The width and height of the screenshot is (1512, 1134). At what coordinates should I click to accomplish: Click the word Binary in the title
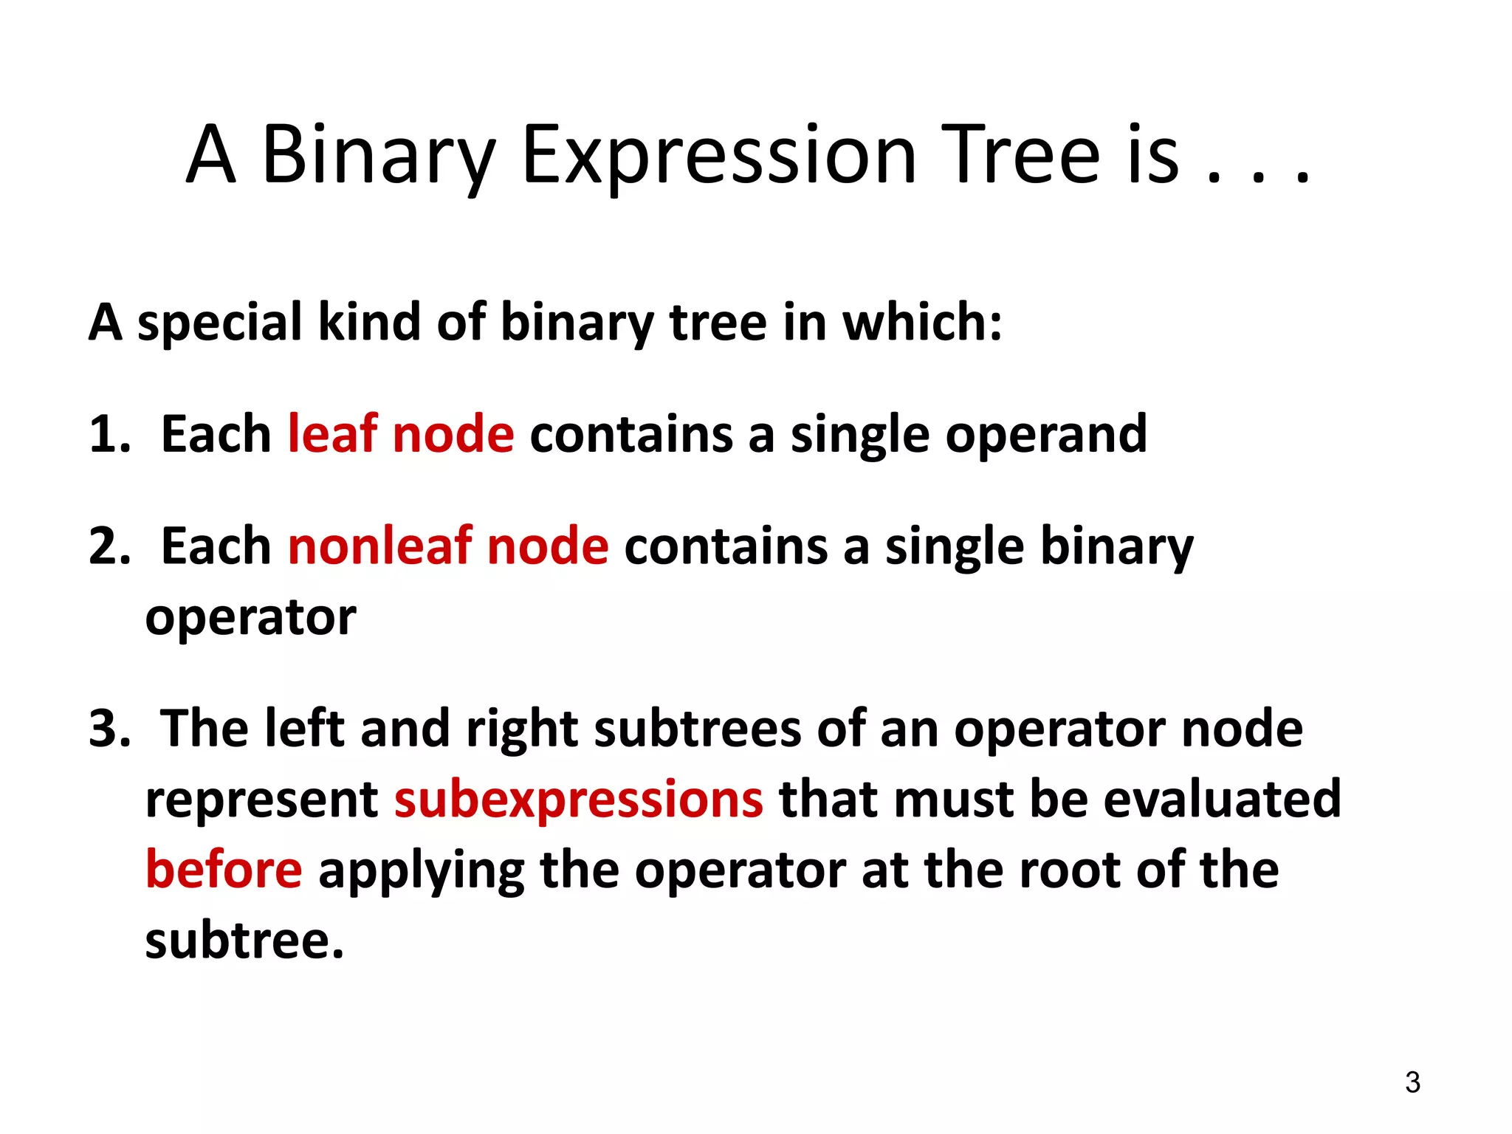coord(377,155)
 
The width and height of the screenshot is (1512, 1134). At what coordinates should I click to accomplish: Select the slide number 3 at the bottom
coord(1412,1082)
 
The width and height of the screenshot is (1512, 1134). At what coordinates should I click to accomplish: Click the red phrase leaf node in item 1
coord(400,434)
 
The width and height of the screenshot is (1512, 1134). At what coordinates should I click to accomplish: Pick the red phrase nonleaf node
coord(447,546)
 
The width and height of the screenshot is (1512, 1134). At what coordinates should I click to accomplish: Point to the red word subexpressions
coord(578,800)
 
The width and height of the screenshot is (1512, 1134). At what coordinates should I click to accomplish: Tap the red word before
coord(224,870)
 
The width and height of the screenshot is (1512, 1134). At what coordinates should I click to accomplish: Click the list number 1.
coord(107,434)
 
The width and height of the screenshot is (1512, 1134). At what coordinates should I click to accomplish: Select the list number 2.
coord(109,546)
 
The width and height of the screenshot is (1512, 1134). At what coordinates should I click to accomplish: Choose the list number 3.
coord(109,729)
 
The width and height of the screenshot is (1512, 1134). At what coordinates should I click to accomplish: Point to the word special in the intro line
coord(219,323)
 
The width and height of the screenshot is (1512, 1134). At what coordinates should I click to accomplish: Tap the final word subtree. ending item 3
coord(244,941)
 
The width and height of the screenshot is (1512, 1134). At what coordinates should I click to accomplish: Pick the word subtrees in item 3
coord(697,729)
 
